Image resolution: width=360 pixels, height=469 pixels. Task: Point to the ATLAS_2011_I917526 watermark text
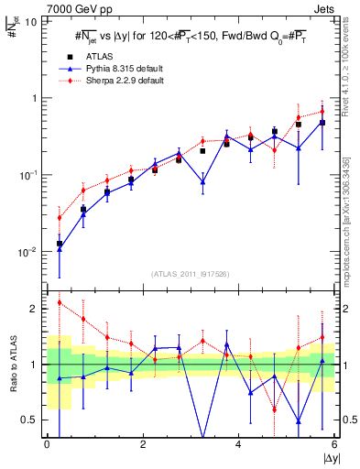coord(190,274)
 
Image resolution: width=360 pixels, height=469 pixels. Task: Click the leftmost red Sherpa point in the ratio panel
coord(60,302)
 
